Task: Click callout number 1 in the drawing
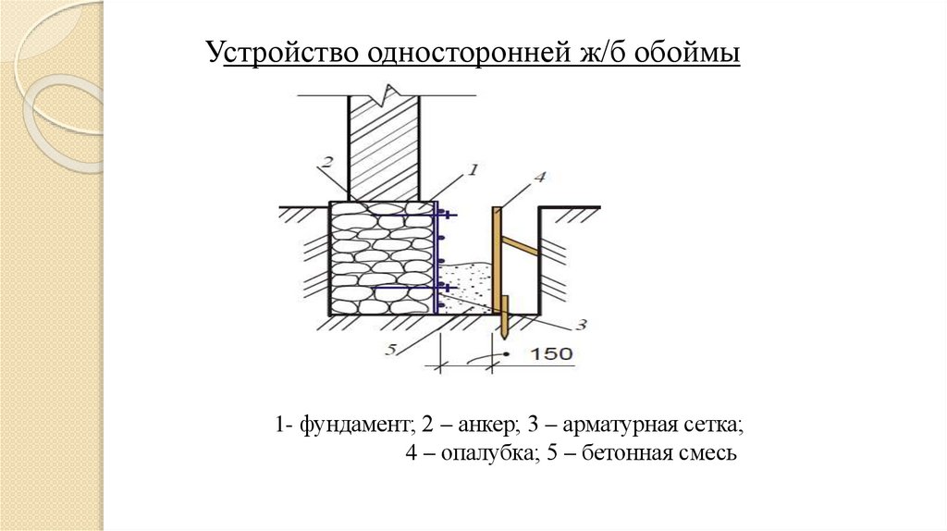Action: [x=472, y=171]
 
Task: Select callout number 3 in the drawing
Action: [x=581, y=324]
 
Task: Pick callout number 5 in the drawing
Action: [x=392, y=349]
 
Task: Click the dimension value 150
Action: [x=551, y=353]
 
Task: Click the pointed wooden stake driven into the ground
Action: [x=504, y=319]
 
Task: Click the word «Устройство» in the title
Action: [x=282, y=54]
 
